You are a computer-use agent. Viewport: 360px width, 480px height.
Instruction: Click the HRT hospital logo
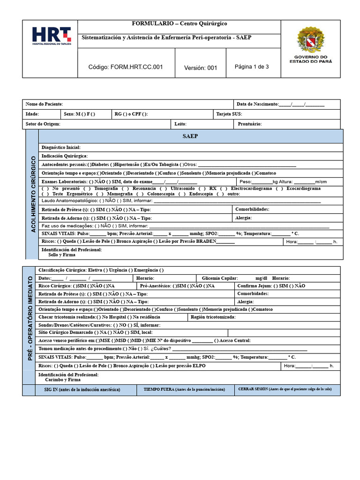pyautogui.click(x=51, y=36)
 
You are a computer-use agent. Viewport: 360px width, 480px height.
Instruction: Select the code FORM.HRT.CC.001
pyautogui.click(x=126, y=67)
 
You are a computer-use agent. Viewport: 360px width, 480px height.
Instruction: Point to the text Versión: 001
pyautogui.click(x=201, y=67)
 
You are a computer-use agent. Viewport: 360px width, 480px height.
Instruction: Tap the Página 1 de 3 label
pyautogui.click(x=252, y=67)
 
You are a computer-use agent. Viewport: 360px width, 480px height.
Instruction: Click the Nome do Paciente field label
pyautogui.click(x=44, y=104)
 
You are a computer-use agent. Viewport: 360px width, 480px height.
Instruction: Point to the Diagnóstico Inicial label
pyautogui.click(x=61, y=148)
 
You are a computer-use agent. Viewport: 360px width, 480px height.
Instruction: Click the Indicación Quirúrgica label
pyautogui.click(x=65, y=156)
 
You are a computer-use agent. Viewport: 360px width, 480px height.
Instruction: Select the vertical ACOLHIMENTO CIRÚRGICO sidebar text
pyautogui.click(x=33, y=195)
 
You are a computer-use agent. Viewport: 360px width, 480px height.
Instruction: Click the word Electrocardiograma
pyautogui.click(x=251, y=188)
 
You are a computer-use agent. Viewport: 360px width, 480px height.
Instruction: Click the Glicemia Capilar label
pyautogui.click(x=219, y=278)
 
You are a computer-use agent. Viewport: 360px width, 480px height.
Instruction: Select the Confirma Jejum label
pyautogui.click(x=255, y=285)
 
